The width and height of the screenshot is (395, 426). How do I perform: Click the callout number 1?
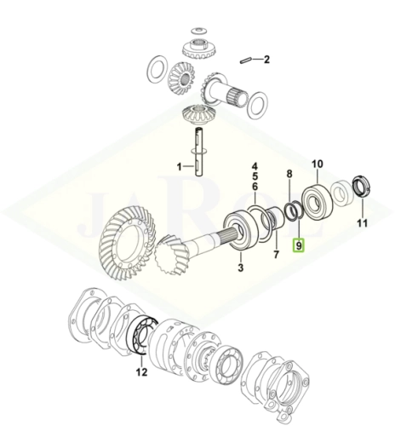(x=179, y=167)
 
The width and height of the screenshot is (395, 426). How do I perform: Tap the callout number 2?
(x=266, y=60)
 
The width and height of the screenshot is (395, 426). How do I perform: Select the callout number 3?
(x=241, y=268)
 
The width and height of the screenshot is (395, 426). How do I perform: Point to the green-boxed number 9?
(x=299, y=245)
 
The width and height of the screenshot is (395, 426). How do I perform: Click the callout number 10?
(x=318, y=164)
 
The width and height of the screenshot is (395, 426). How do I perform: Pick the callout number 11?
(x=362, y=223)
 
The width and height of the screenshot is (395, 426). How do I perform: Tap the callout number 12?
(x=141, y=371)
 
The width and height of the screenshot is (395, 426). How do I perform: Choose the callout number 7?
(x=277, y=254)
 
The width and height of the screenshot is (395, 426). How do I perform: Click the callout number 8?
(x=289, y=174)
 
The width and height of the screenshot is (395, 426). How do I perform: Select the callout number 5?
(x=255, y=176)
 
